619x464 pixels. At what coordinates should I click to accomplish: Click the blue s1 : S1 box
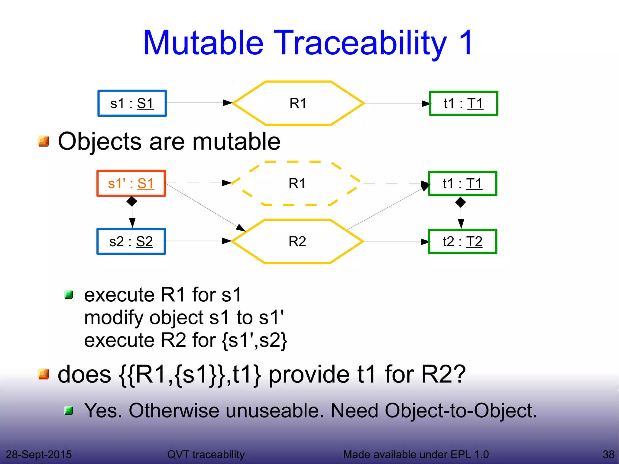(132, 103)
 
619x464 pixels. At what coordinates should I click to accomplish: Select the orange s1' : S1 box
(131, 183)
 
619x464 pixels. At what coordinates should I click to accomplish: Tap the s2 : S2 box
(131, 242)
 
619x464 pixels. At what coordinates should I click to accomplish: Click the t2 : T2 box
(462, 242)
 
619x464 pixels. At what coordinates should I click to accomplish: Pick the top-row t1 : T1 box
(463, 103)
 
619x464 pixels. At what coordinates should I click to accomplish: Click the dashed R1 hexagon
(297, 183)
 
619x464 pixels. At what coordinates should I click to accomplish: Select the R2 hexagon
(297, 242)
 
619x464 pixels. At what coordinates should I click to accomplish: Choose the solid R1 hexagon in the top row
(298, 103)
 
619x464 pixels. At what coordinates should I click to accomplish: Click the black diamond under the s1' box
(132, 201)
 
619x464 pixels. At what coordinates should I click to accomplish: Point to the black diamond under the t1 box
(460, 202)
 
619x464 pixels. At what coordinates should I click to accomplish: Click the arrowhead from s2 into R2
(227, 241)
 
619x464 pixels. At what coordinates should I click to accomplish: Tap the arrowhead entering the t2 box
(425, 242)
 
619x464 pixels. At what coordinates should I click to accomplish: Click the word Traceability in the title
(361, 43)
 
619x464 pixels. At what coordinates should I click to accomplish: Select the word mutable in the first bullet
(236, 141)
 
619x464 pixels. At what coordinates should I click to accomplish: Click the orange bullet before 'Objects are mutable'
(44, 141)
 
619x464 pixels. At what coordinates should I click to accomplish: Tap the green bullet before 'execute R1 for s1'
(69, 294)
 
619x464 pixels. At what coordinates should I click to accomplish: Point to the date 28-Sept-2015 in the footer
(39, 454)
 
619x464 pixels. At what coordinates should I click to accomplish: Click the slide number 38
(608, 454)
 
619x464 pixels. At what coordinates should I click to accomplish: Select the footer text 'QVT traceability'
(206, 454)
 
